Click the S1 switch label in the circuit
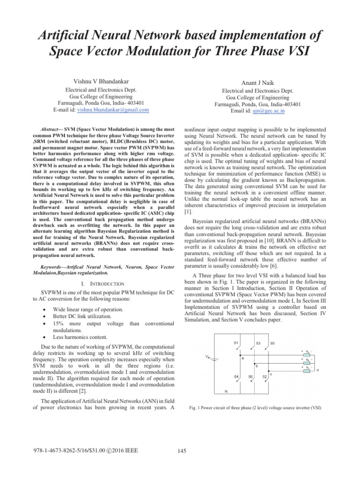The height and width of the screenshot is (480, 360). point(236,343)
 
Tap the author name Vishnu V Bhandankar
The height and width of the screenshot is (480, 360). point(101,82)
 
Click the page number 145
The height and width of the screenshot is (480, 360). point(183,451)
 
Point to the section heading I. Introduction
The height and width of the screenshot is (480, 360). point(102,284)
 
